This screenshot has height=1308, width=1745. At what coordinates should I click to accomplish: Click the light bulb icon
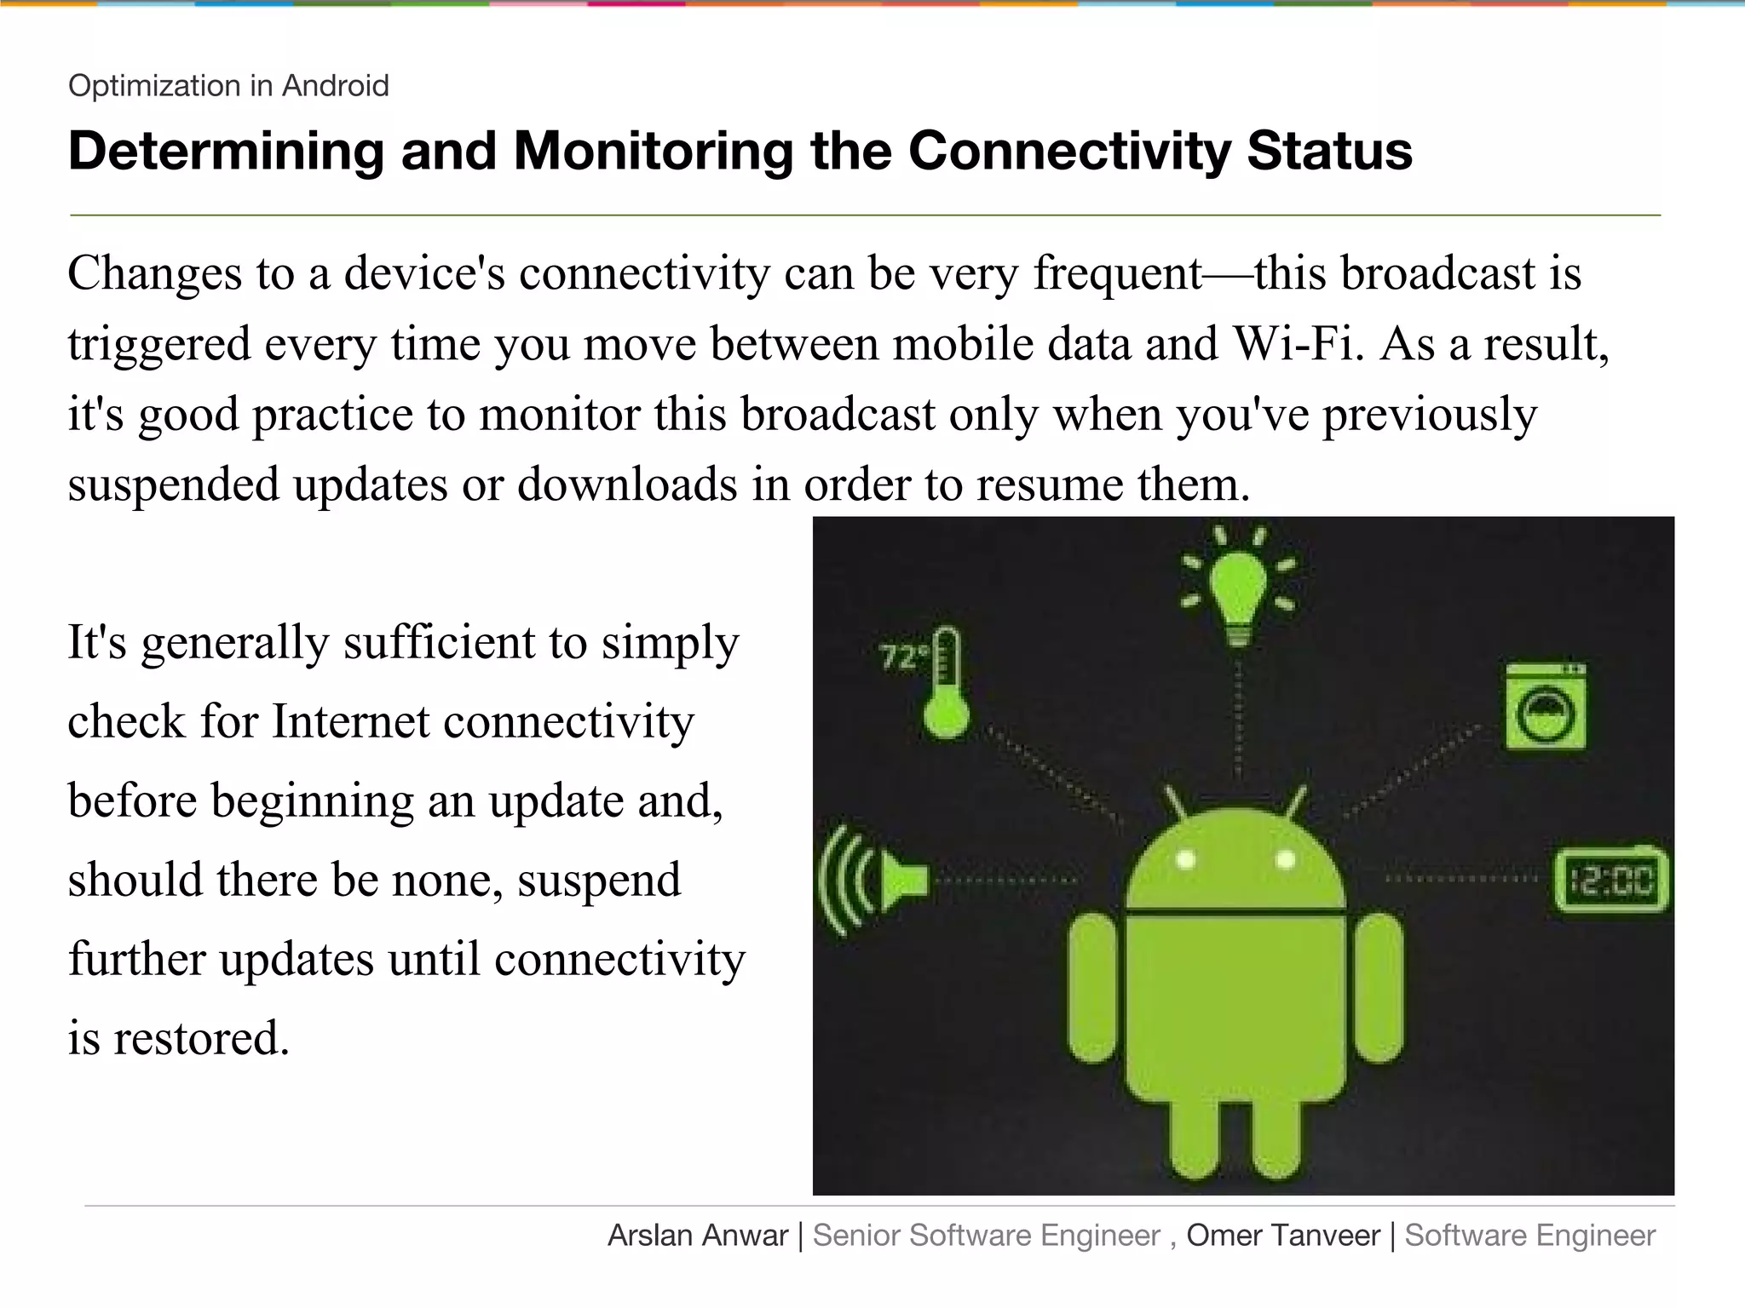tap(1237, 588)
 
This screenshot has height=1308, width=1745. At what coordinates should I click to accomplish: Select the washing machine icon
tap(1545, 707)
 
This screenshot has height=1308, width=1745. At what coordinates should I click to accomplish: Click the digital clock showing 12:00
tap(1610, 880)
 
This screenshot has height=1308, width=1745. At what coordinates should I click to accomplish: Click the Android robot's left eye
tap(1185, 860)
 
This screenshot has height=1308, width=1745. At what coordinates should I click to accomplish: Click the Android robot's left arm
tap(1092, 988)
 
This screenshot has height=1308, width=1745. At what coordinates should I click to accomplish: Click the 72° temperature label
tap(901, 657)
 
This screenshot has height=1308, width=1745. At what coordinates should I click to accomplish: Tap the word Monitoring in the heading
tap(653, 151)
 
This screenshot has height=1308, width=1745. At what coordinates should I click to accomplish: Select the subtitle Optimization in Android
tap(228, 86)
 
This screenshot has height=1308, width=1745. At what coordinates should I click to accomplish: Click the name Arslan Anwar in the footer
tap(697, 1236)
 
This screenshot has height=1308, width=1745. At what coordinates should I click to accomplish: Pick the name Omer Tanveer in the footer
tap(1282, 1236)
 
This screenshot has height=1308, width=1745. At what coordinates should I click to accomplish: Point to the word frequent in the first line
tap(1117, 274)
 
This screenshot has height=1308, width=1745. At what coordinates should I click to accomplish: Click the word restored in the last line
tap(201, 1038)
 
